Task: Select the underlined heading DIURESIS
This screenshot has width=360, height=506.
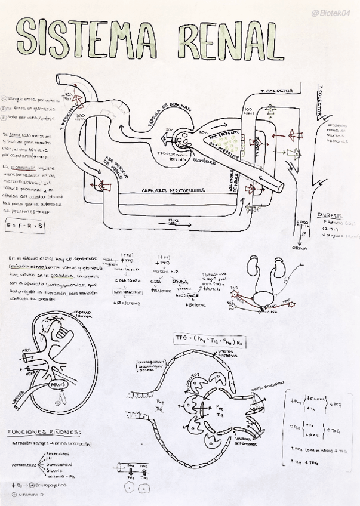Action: (x=329, y=214)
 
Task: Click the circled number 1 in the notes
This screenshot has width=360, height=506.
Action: (x=5, y=100)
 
